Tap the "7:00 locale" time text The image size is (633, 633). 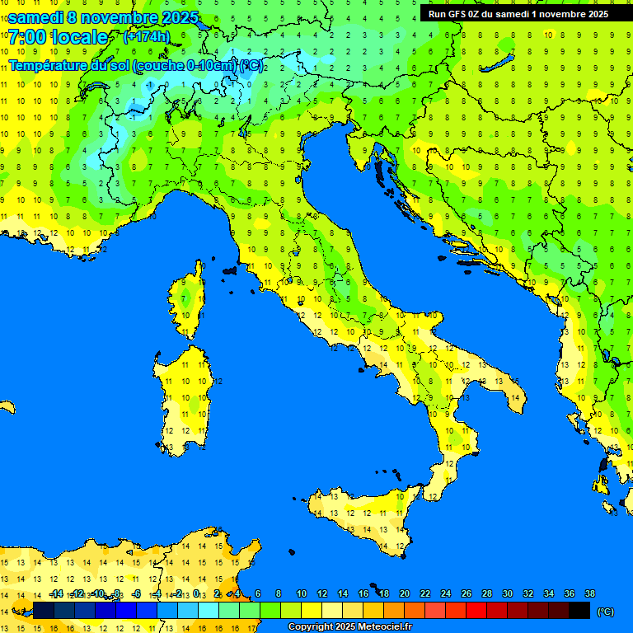point(58,37)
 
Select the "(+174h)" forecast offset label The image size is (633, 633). point(146,36)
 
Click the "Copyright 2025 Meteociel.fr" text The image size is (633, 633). point(349,626)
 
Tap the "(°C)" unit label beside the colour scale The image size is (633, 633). point(605,612)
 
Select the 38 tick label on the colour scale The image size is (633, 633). point(589,593)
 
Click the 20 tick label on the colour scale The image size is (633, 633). point(404,593)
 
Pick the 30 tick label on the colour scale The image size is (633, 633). point(507,593)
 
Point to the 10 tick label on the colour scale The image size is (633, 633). point(301,593)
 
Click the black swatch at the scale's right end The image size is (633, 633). point(579,610)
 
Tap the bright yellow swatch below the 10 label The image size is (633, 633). point(312,610)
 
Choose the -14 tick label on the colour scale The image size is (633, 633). point(56,593)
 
